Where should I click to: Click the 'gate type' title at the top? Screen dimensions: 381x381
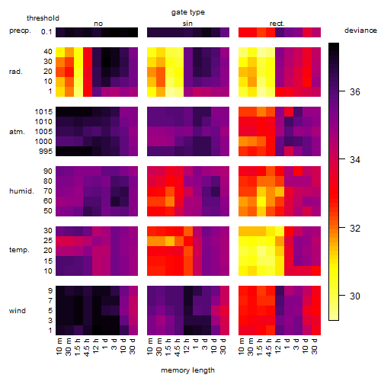[x=188, y=12]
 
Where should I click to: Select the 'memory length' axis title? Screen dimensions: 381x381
[x=188, y=370]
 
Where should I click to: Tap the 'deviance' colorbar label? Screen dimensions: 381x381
[x=360, y=30]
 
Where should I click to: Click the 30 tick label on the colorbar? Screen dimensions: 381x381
[x=355, y=296]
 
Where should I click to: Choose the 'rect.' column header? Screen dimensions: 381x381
[x=277, y=24]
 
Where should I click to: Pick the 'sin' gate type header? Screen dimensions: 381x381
[x=187, y=24]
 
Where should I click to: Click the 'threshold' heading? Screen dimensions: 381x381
[x=43, y=18]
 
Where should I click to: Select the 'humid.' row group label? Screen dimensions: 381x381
[x=21, y=191]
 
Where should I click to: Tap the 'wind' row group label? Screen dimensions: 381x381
[x=18, y=311]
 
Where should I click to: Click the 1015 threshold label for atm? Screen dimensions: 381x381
[x=43, y=111]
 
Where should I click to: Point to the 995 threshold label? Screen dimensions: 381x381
[x=46, y=152]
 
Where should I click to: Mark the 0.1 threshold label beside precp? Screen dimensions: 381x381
[x=46, y=32]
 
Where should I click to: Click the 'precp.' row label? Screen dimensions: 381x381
[x=20, y=30]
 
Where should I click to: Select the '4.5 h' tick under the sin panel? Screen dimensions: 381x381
[x=178, y=347]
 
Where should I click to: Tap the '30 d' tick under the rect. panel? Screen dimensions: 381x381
[x=315, y=346]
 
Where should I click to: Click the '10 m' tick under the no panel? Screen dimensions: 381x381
[x=59, y=347]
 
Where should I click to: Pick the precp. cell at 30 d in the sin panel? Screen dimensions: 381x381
[x=225, y=32]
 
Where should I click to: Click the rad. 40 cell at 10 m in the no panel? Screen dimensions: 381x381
[x=60, y=52]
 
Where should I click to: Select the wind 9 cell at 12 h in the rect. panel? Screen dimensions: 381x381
[x=280, y=290]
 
